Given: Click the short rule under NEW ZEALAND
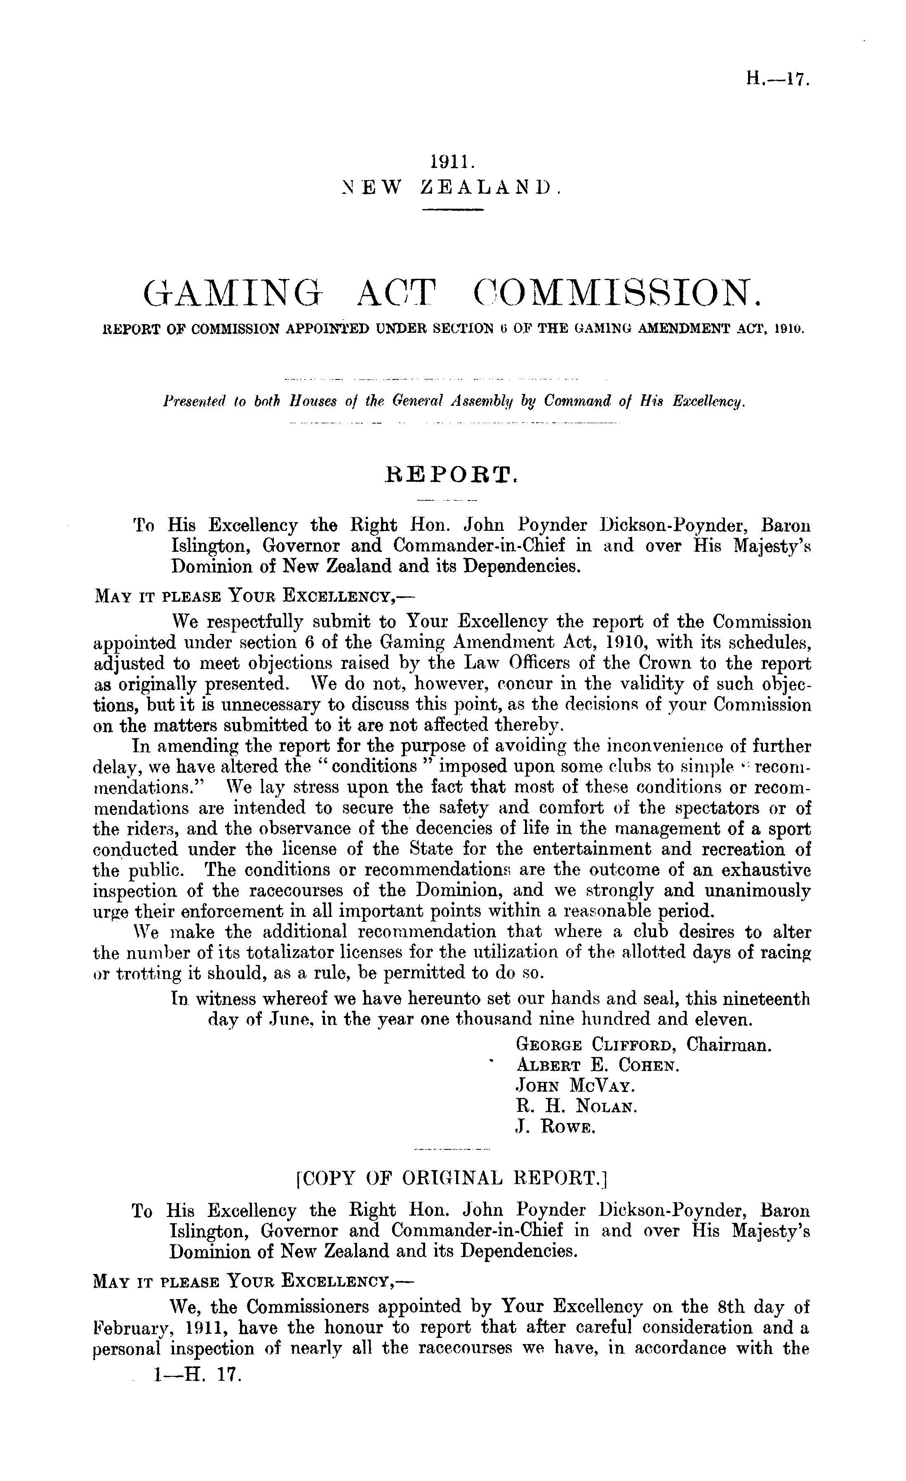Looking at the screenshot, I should pos(453,209).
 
